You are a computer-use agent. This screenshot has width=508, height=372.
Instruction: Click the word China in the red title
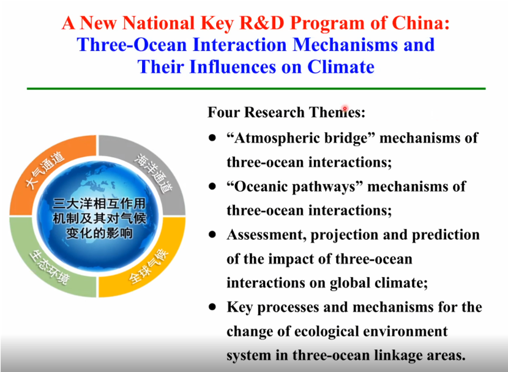coord(420,23)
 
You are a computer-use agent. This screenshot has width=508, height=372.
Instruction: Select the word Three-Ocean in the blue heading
coord(132,45)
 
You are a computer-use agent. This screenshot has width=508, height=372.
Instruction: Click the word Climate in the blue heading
coord(340,67)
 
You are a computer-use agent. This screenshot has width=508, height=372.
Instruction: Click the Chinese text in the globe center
coord(99,218)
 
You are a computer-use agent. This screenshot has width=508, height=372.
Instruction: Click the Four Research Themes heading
coord(286,113)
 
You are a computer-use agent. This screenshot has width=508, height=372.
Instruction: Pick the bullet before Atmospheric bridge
coord(212,138)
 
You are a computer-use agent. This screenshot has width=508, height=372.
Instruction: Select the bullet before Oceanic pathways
coord(212,187)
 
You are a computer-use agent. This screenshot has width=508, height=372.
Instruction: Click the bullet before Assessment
coord(212,234)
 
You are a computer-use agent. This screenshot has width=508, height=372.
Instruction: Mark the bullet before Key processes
coord(212,307)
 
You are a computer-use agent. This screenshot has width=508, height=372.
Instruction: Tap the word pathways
coord(323,187)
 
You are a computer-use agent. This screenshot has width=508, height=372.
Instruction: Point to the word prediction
coord(446,235)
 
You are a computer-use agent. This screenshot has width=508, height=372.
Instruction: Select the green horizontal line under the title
coord(256,88)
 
